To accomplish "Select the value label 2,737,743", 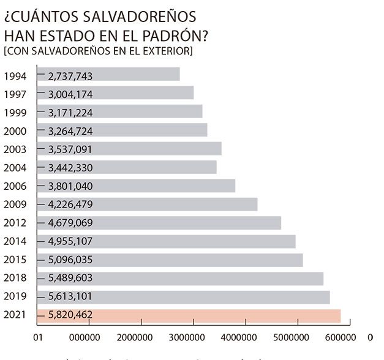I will click(70, 75).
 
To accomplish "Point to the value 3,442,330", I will click(70, 168).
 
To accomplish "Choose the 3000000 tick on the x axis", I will click(187, 337).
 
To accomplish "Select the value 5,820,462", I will click(70, 315).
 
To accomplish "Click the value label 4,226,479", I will click(70, 204).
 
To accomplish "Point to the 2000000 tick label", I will click(134, 337).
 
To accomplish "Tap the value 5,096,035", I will click(70, 260).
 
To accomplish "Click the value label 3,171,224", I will click(70, 112).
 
